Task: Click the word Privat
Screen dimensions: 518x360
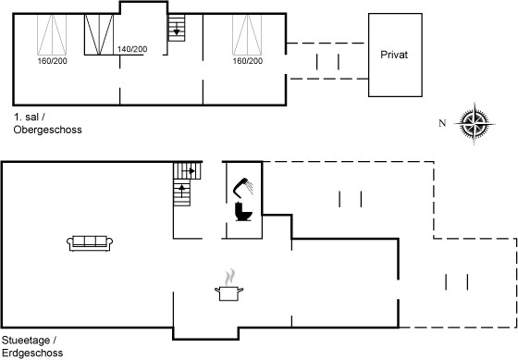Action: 394,55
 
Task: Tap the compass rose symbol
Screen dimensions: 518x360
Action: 475,124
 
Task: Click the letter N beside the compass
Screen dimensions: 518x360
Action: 442,123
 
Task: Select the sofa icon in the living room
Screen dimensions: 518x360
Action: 90,243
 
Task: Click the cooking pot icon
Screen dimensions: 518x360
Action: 229,293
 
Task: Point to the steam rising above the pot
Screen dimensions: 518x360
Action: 230,278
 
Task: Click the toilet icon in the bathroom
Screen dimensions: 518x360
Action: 243,211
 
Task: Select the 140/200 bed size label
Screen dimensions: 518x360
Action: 132,49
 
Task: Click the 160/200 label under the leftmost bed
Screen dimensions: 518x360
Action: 52,61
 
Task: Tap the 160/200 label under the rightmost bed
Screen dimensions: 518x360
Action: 248,61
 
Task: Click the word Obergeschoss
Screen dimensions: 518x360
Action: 47,130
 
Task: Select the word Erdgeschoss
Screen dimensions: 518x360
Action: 32,353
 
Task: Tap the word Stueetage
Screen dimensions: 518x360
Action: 26,341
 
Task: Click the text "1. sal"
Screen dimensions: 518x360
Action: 27,117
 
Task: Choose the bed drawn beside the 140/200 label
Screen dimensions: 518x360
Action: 99,34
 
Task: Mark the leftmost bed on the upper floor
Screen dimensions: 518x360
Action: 52,35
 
